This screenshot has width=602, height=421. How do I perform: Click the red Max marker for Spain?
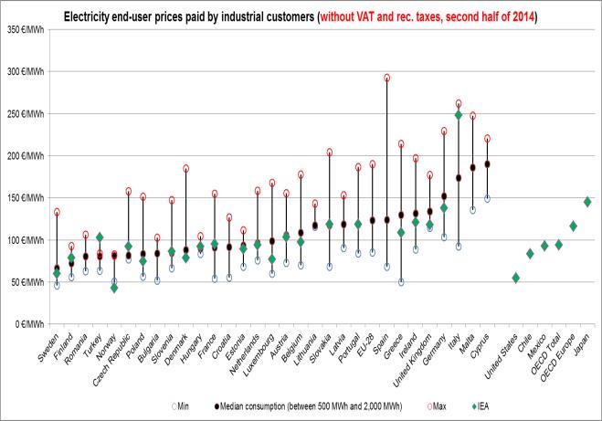tap(386, 79)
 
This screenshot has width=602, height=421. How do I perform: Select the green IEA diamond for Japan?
tap(587, 202)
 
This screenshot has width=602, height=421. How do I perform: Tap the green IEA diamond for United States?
tap(515, 278)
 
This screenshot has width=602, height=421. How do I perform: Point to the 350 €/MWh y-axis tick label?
tap(27, 29)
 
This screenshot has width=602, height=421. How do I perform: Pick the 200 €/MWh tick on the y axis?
tap(27, 155)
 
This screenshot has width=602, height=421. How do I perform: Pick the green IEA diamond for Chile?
tap(530, 254)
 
